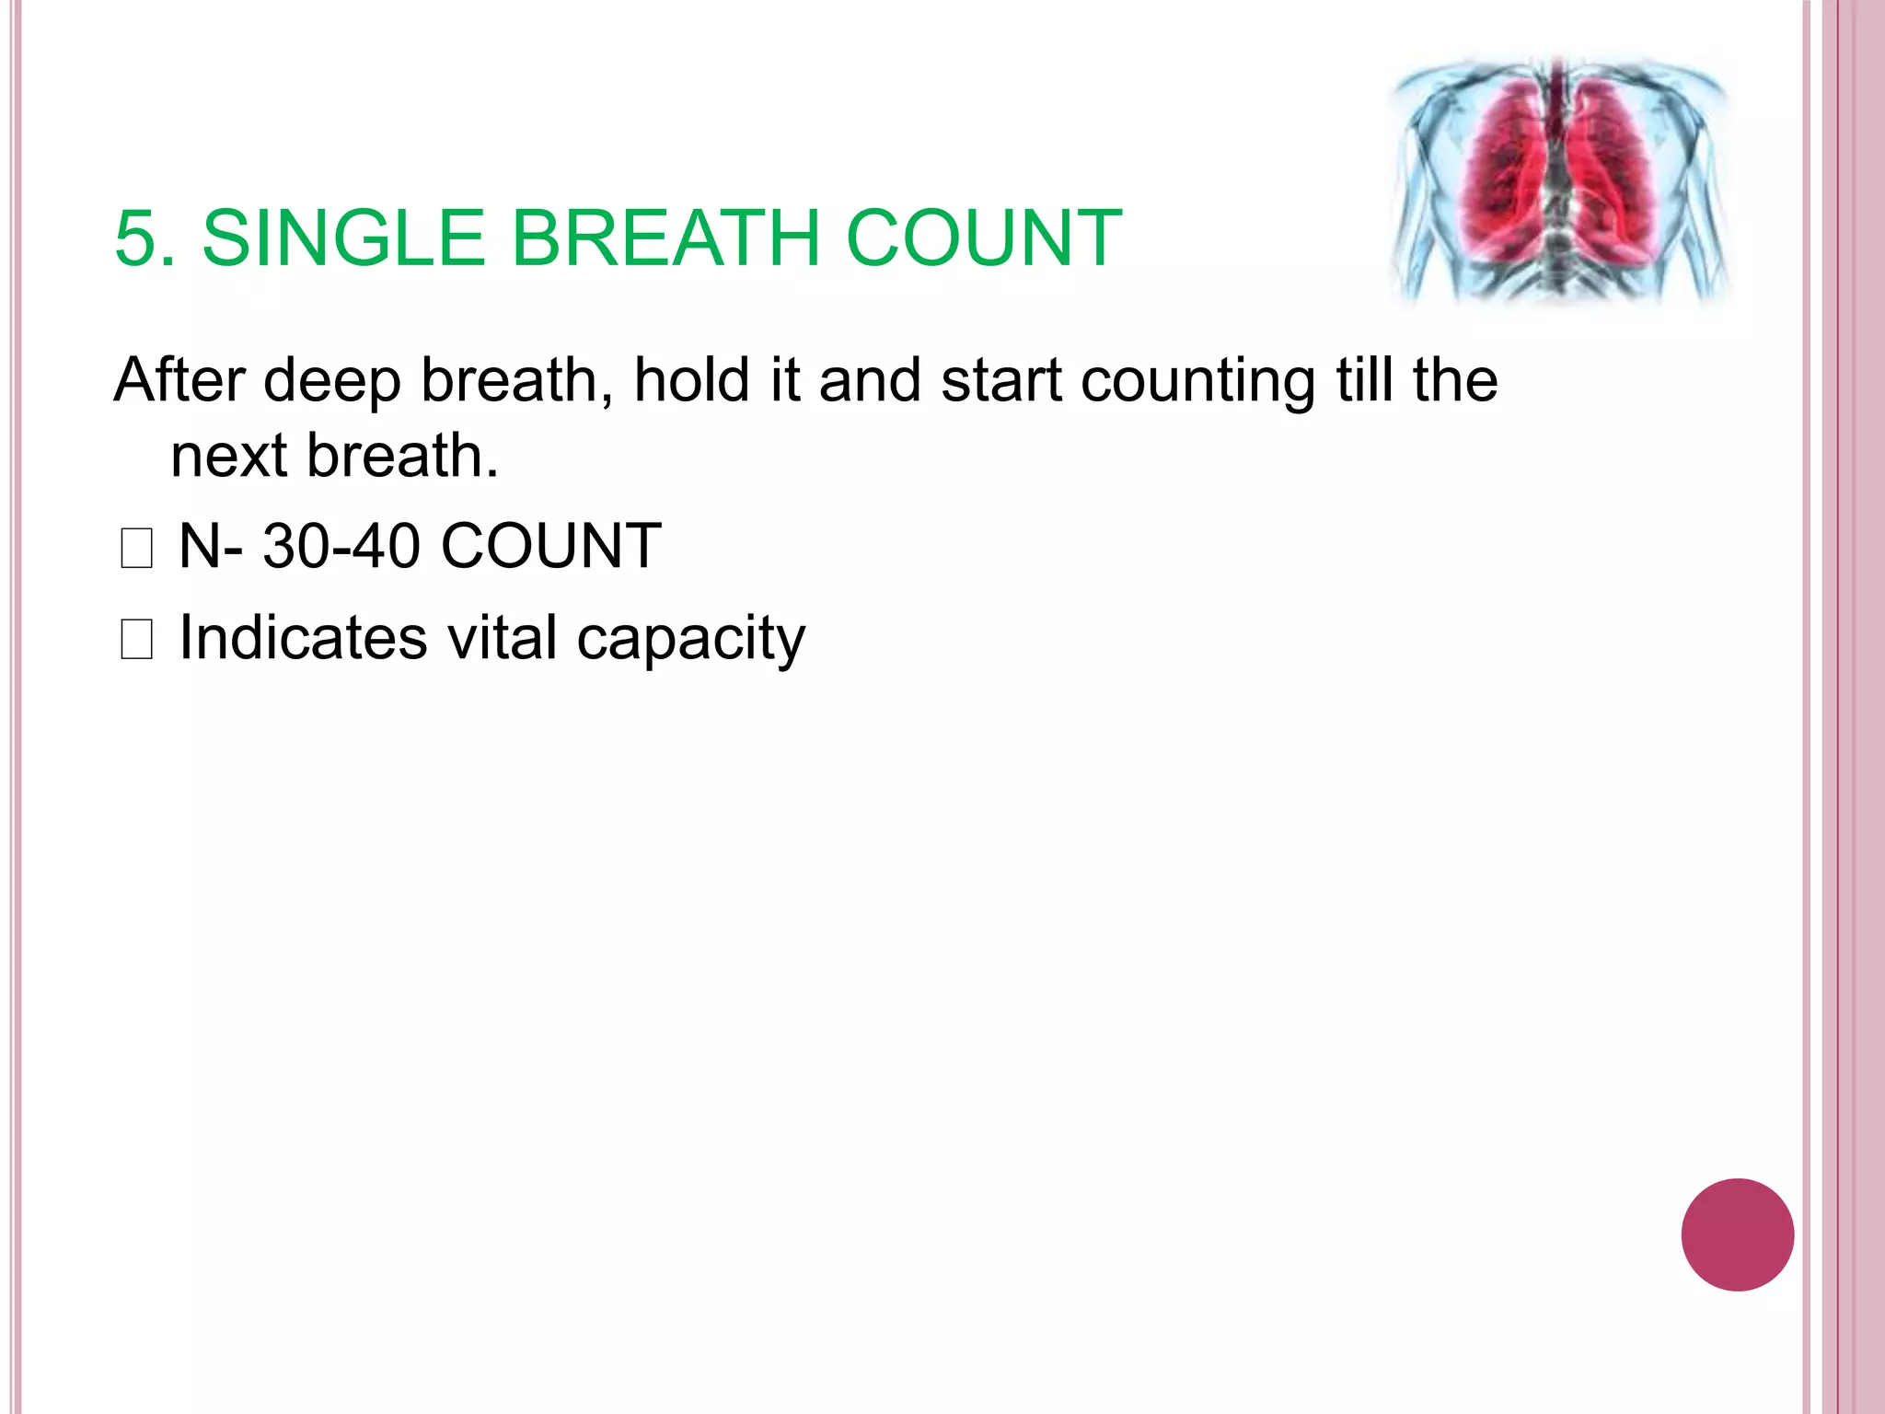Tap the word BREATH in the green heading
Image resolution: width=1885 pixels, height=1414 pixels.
[x=665, y=238]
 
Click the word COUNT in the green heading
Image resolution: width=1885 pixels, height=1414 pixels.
[x=983, y=238]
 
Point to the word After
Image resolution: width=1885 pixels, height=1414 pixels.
[x=179, y=380]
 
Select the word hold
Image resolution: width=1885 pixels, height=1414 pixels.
[x=692, y=380]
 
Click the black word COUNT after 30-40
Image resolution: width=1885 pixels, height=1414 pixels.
[x=551, y=546]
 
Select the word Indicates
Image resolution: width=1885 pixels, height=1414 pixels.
[x=304, y=637]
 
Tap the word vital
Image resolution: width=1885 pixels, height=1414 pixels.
[x=503, y=637]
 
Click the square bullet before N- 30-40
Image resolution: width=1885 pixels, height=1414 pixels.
[x=136, y=550]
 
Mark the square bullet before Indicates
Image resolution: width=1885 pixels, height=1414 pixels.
[x=136, y=640]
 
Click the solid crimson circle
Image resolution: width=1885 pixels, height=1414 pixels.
[x=1737, y=1234]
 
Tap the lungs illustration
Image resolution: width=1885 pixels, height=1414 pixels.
[x=1558, y=180]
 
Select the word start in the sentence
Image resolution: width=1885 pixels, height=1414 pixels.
[x=1001, y=381]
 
